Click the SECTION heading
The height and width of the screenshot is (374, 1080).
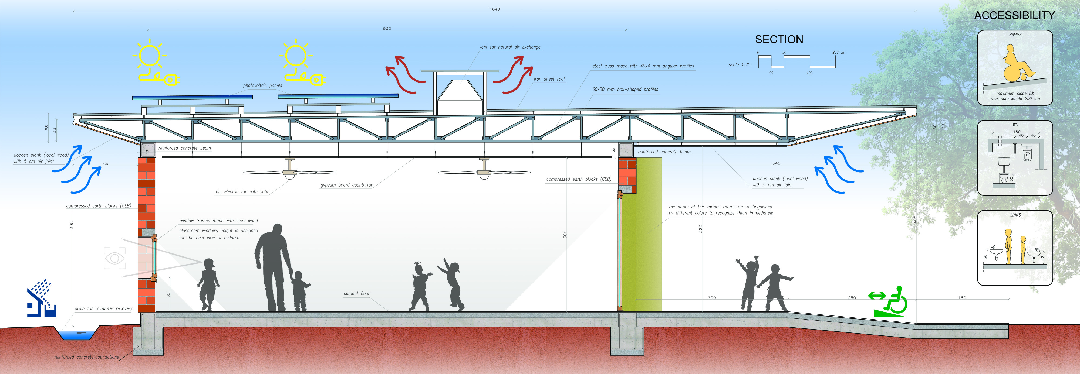tap(779, 39)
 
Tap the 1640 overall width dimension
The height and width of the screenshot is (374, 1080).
tap(495, 9)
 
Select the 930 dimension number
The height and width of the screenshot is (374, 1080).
tap(387, 29)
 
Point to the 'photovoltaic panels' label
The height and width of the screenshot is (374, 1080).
tap(262, 85)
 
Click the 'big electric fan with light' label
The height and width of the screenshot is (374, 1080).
tap(242, 192)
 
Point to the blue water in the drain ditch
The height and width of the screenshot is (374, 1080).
tap(76, 335)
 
